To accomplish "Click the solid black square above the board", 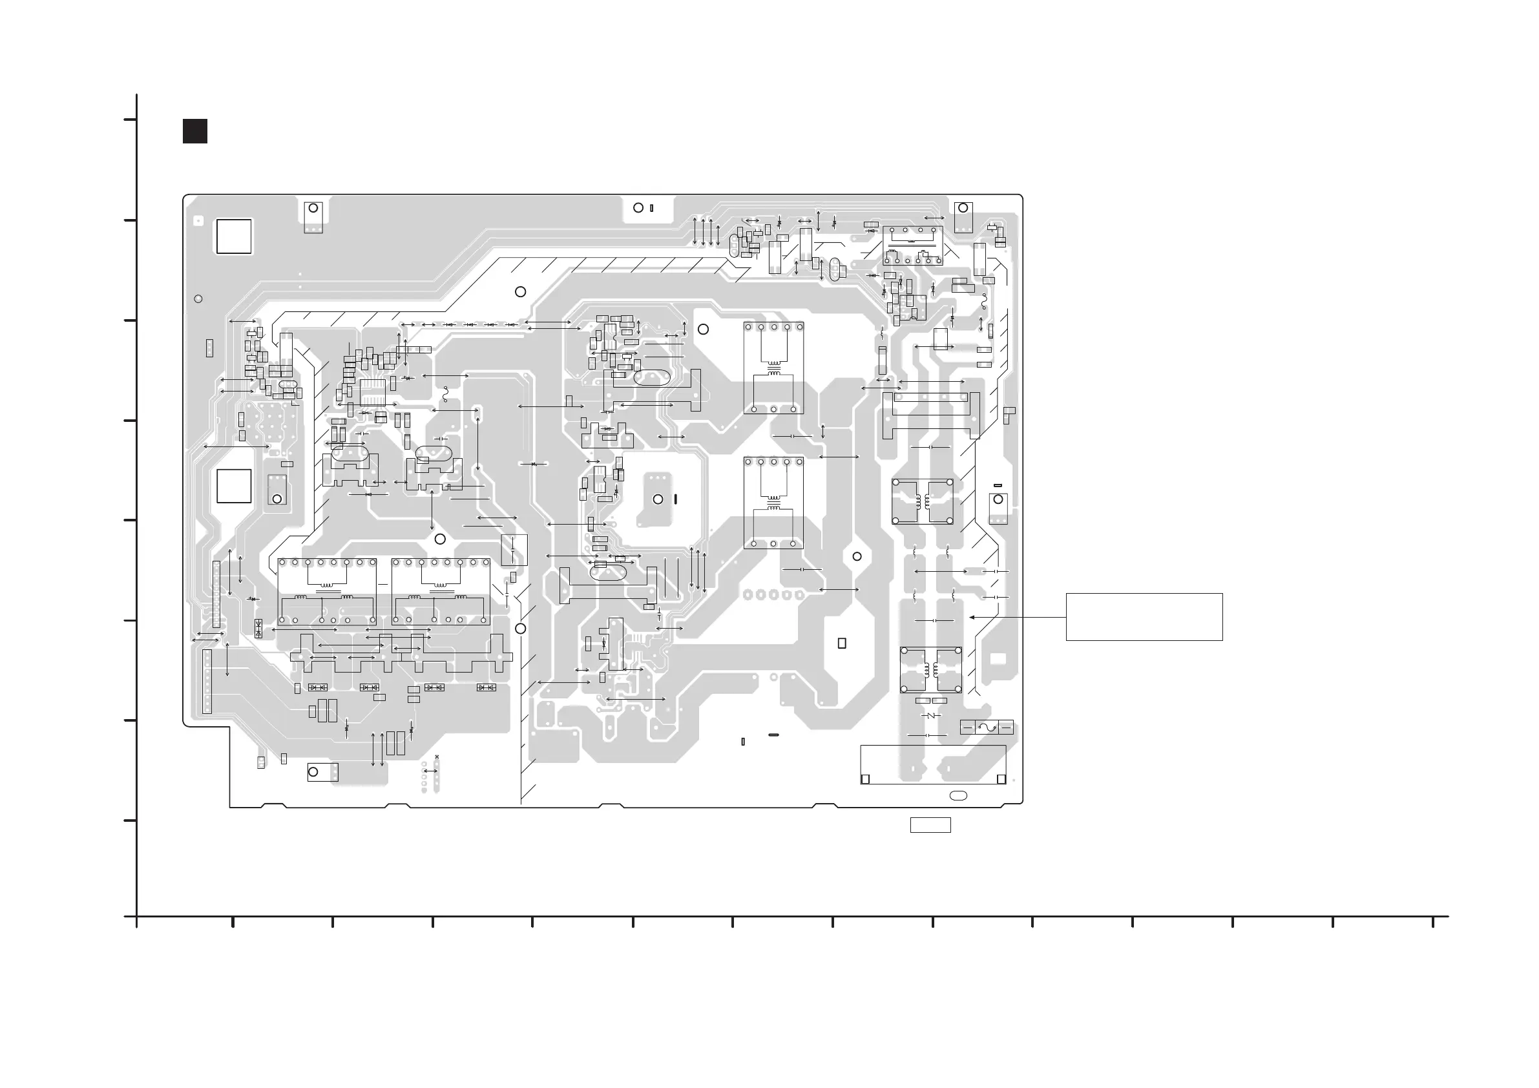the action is click(195, 131).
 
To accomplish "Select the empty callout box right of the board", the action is click(1144, 617).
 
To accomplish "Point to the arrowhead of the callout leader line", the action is click(971, 618).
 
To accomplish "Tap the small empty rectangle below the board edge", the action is click(930, 825).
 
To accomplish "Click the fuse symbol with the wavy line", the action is click(986, 727).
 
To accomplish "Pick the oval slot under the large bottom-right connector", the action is click(959, 795).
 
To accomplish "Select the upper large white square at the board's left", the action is click(234, 236).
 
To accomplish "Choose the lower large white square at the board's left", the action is click(234, 486).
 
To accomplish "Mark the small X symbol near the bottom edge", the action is click(437, 757).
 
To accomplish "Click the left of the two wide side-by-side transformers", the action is click(327, 591).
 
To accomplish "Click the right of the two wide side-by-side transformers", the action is click(441, 591).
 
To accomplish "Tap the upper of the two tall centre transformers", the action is click(773, 368).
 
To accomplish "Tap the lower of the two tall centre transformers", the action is click(773, 503).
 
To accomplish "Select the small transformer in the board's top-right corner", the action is click(912, 246).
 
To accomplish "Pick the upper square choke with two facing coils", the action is click(923, 501).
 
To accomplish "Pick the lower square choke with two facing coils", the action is click(931, 670).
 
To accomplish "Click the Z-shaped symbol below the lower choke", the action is click(930, 716).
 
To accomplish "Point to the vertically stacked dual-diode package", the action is click(258, 628).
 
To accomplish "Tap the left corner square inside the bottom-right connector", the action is click(865, 779).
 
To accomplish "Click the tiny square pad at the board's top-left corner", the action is click(198, 220).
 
